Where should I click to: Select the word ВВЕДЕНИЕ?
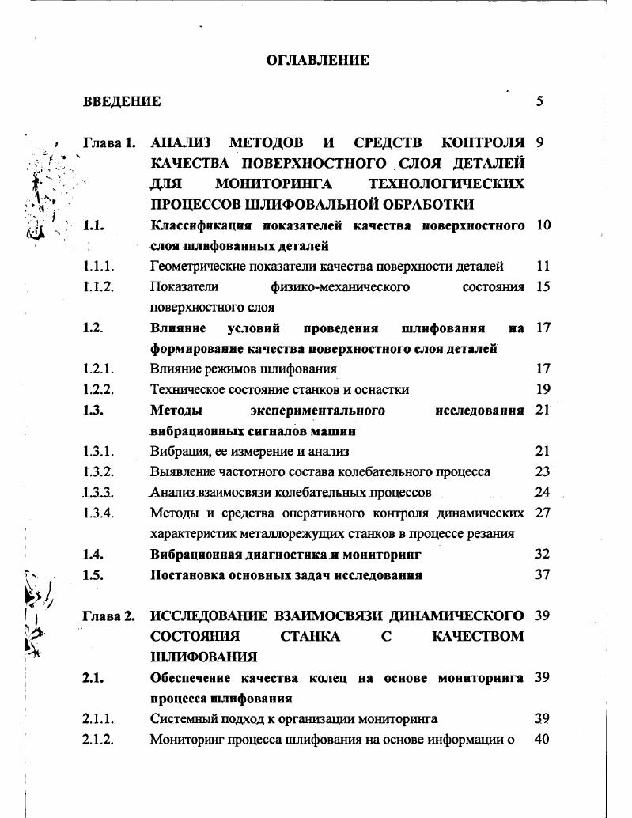(122, 101)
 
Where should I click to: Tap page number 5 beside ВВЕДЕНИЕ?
(539, 101)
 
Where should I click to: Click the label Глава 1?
(109, 143)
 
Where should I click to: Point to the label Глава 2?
(109, 615)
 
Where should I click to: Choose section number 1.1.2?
(99, 287)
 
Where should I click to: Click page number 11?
(543, 267)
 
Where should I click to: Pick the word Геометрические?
(193, 267)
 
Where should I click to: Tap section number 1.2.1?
(99, 369)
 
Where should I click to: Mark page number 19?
(543, 389)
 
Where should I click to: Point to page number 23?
(543, 471)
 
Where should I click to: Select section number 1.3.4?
(99, 513)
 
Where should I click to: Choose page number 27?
(543, 513)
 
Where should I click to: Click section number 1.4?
(93, 555)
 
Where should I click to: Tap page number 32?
(543, 555)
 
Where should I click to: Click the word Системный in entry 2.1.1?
(180, 719)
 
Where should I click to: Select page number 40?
(543, 740)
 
